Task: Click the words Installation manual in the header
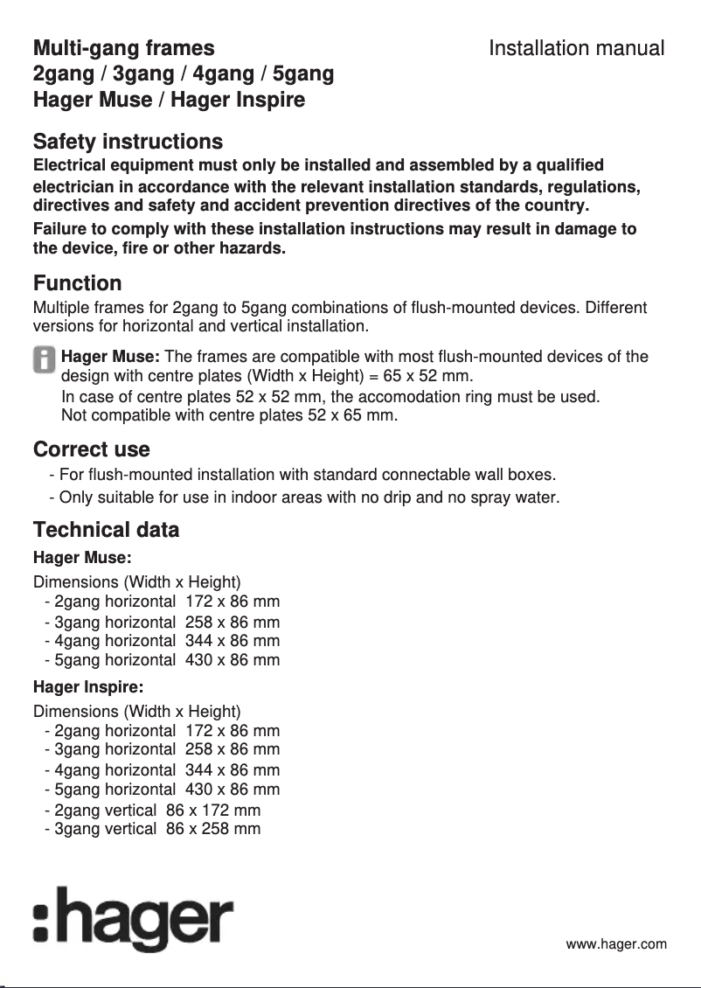[576, 48]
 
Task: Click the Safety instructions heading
[128, 142]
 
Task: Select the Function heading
[77, 283]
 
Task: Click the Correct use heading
[91, 450]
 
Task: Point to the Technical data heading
[106, 530]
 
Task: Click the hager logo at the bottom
[133, 920]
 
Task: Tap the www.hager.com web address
[616, 944]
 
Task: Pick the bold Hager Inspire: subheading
[87, 688]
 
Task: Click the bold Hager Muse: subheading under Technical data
[81, 558]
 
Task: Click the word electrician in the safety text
[73, 187]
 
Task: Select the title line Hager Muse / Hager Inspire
[169, 101]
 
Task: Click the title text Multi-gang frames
[123, 48]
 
